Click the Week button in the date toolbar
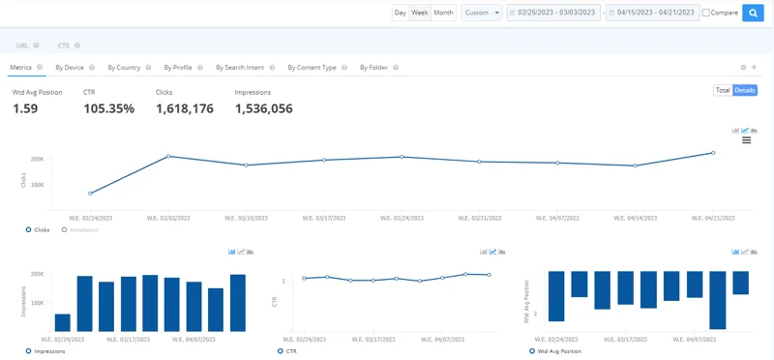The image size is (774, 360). pos(420,13)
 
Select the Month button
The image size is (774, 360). pos(443,13)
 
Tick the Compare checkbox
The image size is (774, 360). pos(706,13)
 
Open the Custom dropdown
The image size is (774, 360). pos(482,13)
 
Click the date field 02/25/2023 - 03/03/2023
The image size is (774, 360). pos(554,13)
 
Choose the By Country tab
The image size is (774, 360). pos(124,68)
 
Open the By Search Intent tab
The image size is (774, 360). pos(240,68)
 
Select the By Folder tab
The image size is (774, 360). pos(373,68)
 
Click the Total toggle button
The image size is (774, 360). pos(722,90)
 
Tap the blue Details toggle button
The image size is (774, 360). pos(745,90)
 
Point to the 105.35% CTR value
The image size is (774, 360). pos(108,108)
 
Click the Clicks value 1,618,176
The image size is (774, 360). pos(185,108)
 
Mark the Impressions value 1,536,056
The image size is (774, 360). pos(264,108)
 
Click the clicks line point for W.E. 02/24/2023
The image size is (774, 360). pos(90,194)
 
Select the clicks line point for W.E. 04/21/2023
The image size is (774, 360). pos(713,152)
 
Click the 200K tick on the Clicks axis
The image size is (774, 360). pos(38,159)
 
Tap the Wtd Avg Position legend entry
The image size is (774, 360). pos(557,351)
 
